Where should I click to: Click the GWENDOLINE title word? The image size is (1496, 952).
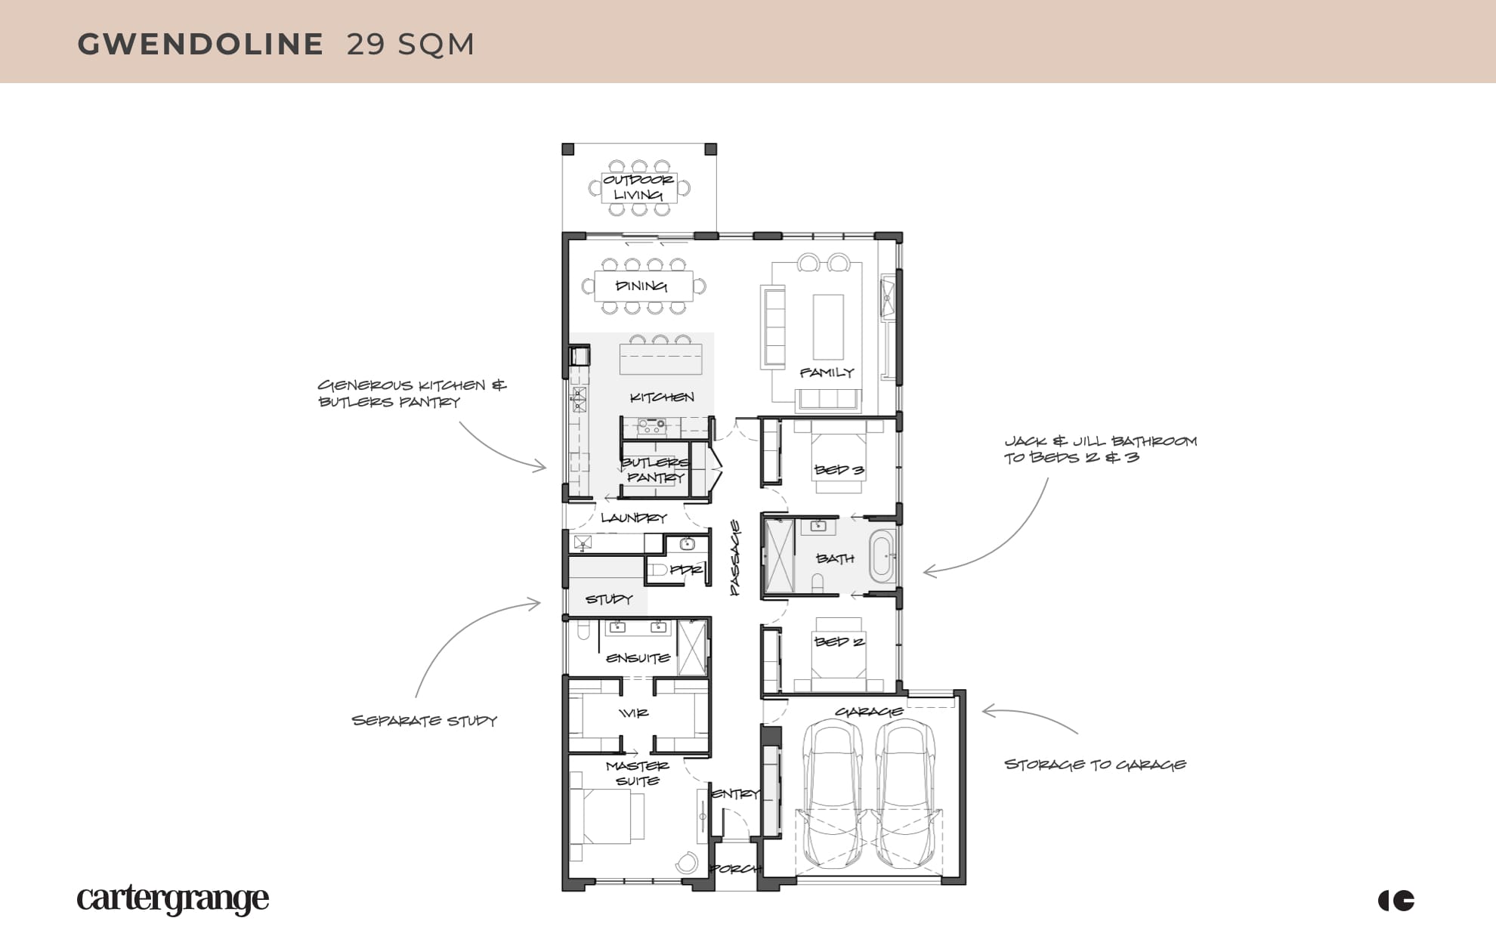click(200, 45)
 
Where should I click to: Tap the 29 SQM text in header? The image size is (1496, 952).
click(410, 45)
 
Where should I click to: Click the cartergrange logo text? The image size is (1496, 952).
click(173, 899)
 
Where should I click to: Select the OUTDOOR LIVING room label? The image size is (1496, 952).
click(638, 187)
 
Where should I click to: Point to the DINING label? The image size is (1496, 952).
click(641, 286)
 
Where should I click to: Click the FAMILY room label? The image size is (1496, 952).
click(827, 372)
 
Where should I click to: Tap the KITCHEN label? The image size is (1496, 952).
click(662, 397)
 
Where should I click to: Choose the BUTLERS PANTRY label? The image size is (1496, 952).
click(654, 470)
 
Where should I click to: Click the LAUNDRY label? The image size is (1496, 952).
click(634, 518)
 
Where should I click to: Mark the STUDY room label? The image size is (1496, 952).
click(609, 599)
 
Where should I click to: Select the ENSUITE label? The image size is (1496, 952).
click(638, 658)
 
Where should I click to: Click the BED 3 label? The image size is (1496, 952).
click(839, 470)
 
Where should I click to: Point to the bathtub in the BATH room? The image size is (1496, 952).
click(882, 557)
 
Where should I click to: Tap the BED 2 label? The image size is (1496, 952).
click(839, 641)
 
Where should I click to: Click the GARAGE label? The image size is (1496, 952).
click(869, 712)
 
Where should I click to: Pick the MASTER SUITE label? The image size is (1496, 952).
click(637, 774)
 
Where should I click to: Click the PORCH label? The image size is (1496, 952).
click(736, 869)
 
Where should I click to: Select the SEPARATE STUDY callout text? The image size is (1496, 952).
click(425, 721)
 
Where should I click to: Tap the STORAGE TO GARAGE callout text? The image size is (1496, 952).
click(1096, 765)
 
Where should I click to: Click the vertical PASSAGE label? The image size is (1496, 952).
click(735, 558)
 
